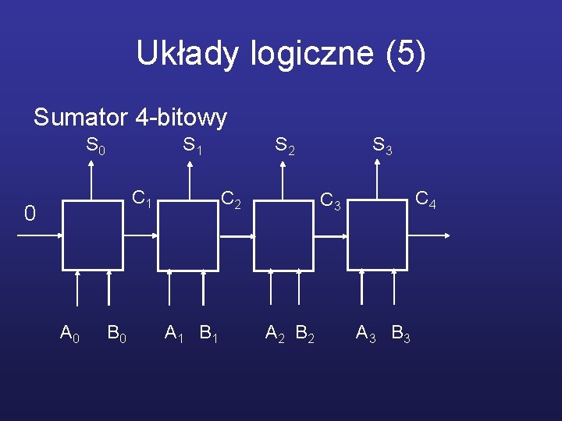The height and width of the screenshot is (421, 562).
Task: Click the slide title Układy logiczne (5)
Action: [281, 54]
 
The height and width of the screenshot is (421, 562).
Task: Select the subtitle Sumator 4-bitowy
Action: [130, 118]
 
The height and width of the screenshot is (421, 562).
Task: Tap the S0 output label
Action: [95, 146]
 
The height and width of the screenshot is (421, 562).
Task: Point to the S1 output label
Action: [192, 146]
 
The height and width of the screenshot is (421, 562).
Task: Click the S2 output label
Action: [284, 146]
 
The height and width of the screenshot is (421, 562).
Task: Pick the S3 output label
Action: [382, 146]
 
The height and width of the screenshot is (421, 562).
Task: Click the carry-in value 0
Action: [30, 213]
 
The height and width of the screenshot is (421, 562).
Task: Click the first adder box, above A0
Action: [93, 235]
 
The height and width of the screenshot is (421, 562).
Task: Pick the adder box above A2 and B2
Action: [284, 235]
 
